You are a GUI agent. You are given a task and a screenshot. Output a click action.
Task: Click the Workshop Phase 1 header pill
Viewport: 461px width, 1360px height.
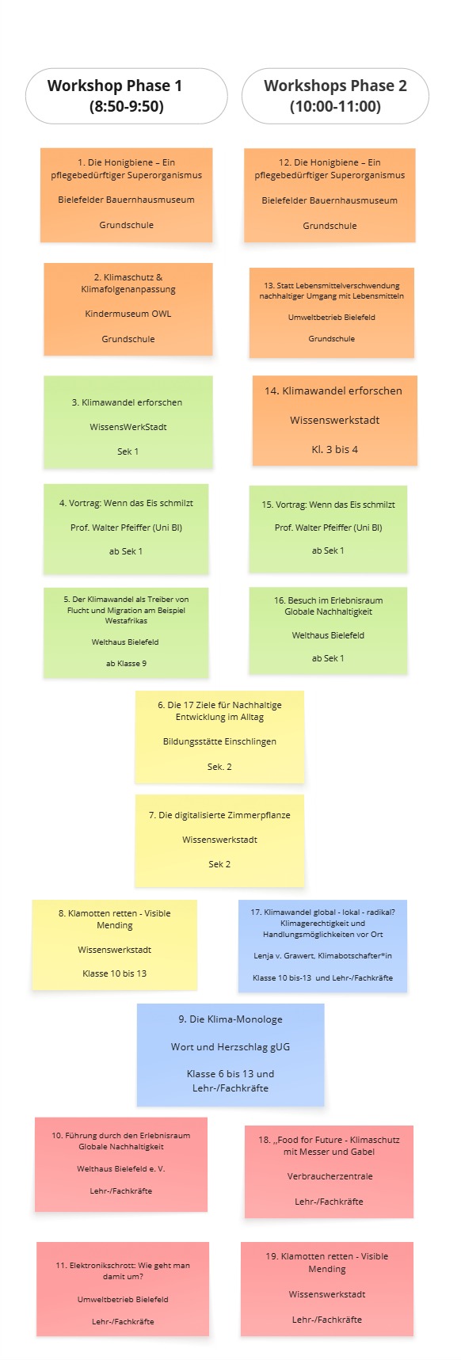tap(127, 96)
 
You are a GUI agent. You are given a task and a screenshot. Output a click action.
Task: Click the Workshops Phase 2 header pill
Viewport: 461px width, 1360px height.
tap(335, 96)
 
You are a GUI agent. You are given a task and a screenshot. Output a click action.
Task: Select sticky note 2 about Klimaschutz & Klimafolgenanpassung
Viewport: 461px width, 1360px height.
tap(128, 309)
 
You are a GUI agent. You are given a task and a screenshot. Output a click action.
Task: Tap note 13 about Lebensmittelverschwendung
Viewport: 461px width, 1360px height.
tap(332, 313)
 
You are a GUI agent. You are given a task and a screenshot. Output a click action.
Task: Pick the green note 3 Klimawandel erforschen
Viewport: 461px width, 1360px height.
tap(128, 422)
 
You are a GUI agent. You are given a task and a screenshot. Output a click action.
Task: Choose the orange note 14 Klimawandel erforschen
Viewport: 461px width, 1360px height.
tap(335, 421)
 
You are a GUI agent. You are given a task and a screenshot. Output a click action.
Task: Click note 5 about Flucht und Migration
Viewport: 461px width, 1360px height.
tap(126, 632)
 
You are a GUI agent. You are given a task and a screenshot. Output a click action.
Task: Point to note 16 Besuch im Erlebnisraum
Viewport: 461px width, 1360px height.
tap(328, 630)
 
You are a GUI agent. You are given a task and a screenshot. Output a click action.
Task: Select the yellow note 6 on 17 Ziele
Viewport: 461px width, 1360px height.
tap(219, 737)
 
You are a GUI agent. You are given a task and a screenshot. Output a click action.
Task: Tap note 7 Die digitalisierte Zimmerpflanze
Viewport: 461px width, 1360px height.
tap(219, 840)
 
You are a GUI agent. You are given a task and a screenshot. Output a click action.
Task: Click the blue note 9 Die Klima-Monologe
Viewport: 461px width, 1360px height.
tap(230, 1054)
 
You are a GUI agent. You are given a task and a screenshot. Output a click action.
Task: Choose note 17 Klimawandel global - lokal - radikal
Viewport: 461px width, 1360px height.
tap(322, 946)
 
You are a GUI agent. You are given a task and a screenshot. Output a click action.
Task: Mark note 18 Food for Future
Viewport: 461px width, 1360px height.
tap(329, 1171)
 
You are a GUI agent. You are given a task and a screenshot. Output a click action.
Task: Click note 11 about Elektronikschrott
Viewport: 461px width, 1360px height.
tap(123, 1289)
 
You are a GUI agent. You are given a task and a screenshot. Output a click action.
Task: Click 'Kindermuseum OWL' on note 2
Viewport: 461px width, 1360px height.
tap(128, 314)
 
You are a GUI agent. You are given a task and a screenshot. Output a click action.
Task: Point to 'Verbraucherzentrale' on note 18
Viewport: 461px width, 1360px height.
tap(330, 1176)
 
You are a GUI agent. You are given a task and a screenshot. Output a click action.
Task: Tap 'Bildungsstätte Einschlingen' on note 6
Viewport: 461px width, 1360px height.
tap(219, 742)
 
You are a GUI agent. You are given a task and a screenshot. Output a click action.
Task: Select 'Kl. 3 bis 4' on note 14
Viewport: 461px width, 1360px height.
tap(335, 449)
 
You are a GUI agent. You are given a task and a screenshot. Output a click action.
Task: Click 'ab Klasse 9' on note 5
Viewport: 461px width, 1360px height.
tap(126, 663)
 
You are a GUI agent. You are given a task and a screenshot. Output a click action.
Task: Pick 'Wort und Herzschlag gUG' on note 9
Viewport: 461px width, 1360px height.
tap(230, 1046)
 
